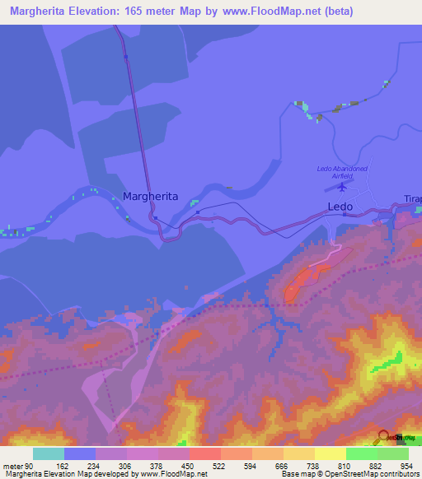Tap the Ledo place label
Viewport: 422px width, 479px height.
340,207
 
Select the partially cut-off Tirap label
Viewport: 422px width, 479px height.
412,198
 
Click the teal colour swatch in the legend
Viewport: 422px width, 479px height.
49,453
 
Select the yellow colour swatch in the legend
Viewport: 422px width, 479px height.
330,453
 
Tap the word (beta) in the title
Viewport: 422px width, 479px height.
394,12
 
